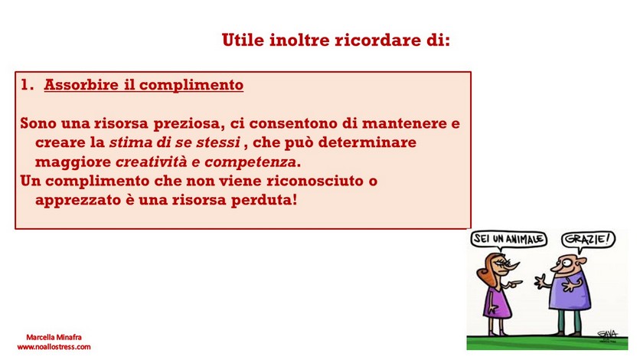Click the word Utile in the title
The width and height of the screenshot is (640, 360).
coord(243,40)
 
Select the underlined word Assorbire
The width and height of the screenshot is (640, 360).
coord(81,84)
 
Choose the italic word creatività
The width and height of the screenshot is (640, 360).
coord(152,162)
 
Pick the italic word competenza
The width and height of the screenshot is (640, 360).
coord(250,162)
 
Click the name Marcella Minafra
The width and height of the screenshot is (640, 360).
coord(54,337)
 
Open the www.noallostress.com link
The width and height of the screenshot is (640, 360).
coord(54,347)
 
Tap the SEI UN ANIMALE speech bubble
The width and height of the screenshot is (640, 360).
coord(508,239)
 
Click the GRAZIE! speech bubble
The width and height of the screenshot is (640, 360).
coord(588,239)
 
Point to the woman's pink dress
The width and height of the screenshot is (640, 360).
coord(497,300)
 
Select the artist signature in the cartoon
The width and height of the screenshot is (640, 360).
coord(608,335)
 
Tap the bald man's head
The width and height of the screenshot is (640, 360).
coord(569,264)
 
